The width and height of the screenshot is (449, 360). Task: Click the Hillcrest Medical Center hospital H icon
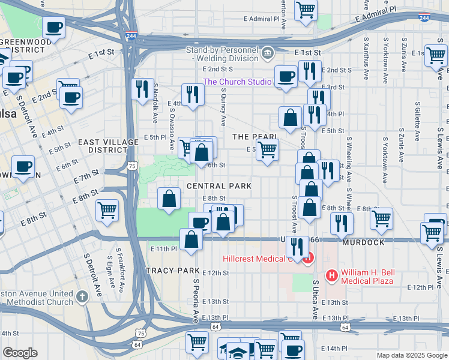click(308, 259)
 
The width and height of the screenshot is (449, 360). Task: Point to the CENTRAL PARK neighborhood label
click(219, 186)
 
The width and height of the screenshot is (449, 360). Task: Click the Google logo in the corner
click(20, 353)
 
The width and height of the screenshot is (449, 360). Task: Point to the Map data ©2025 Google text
click(411, 355)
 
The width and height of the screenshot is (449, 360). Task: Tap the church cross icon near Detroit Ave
click(83, 296)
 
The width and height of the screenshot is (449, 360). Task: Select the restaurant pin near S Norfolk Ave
click(142, 89)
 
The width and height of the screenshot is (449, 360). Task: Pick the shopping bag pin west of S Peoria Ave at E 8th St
click(169, 199)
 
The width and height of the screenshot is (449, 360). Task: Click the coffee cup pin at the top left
click(54, 28)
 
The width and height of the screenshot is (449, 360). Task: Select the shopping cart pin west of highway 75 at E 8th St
click(107, 210)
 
